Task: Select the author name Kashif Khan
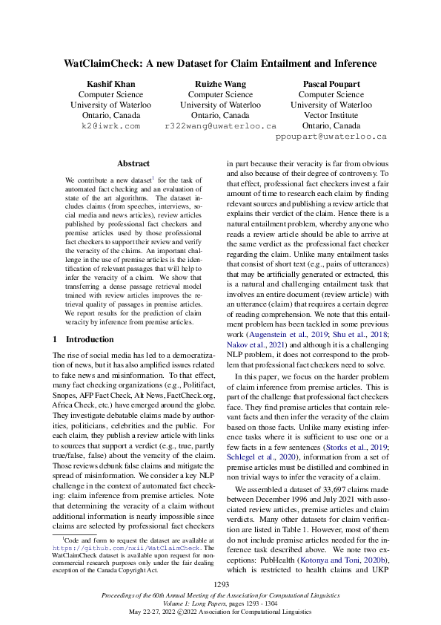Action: [x=110, y=84]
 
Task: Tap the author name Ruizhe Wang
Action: [x=220, y=84]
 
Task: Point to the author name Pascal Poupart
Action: [x=331, y=84]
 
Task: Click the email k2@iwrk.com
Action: [x=110, y=126]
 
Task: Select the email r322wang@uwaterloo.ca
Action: [x=220, y=126]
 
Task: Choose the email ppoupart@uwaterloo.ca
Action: [x=331, y=137]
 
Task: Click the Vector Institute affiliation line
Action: [x=331, y=116]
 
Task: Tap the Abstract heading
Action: [x=133, y=163]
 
